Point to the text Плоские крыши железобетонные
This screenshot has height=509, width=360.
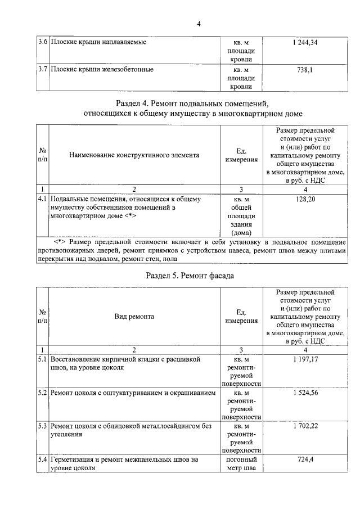[x=102, y=70]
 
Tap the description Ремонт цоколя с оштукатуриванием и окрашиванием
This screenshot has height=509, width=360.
[x=133, y=393]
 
